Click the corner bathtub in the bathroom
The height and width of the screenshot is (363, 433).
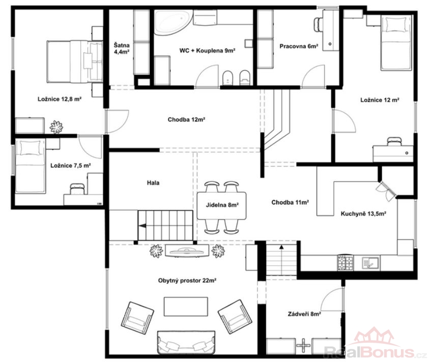pyautogui.click(x=170, y=22)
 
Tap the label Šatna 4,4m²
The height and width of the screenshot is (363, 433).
pyautogui.click(x=122, y=48)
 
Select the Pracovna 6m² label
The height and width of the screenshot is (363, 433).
pyautogui.click(x=299, y=46)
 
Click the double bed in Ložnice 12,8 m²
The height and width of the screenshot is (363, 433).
pyautogui.click(x=75, y=62)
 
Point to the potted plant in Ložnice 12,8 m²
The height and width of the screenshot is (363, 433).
pyautogui.click(x=56, y=127)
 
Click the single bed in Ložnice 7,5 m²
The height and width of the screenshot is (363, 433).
pyautogui.click(x=31, y=166)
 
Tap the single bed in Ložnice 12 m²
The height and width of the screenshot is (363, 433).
pyautogui.click(x=396, y=42)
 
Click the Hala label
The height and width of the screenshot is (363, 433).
pyautogui.click(x=153, y=183)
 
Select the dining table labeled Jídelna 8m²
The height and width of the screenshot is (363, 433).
pyautogui.click(x=222, y=205)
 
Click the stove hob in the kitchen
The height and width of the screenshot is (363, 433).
pyautogui.click(x=345, y=263)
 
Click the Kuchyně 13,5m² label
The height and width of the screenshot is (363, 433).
pyautogui.click(x=363, y=214)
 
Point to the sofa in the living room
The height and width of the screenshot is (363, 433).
pyautogui.click(x=186, y=342)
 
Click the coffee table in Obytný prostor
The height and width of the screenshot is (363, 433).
pyautogui.click(x=186, y=306)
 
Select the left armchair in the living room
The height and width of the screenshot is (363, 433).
pyautogui.click(x=137, y=318)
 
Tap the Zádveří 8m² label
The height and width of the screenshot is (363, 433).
pyautogui.click(x=304, y=314)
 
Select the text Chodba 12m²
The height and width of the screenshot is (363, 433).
pyautogui.click(x=186, y=119)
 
